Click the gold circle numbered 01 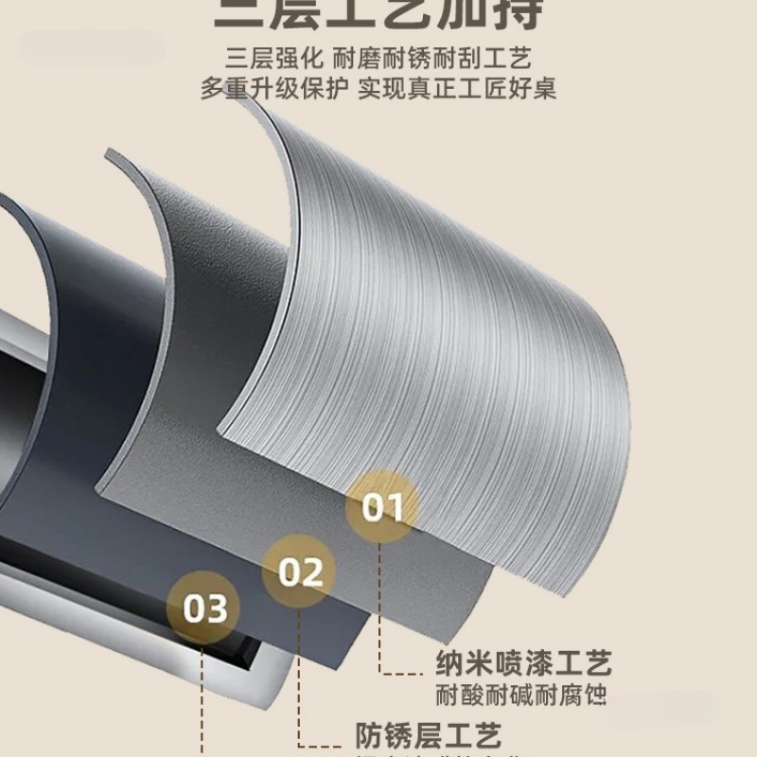click(383, 507)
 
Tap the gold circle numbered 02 click(300, 572)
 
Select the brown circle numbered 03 click(205, 607)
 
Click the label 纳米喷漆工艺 click(523, 662)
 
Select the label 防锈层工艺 click(428, 734)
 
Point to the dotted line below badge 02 click(300, 681)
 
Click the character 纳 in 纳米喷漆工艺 click(449, 662)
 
